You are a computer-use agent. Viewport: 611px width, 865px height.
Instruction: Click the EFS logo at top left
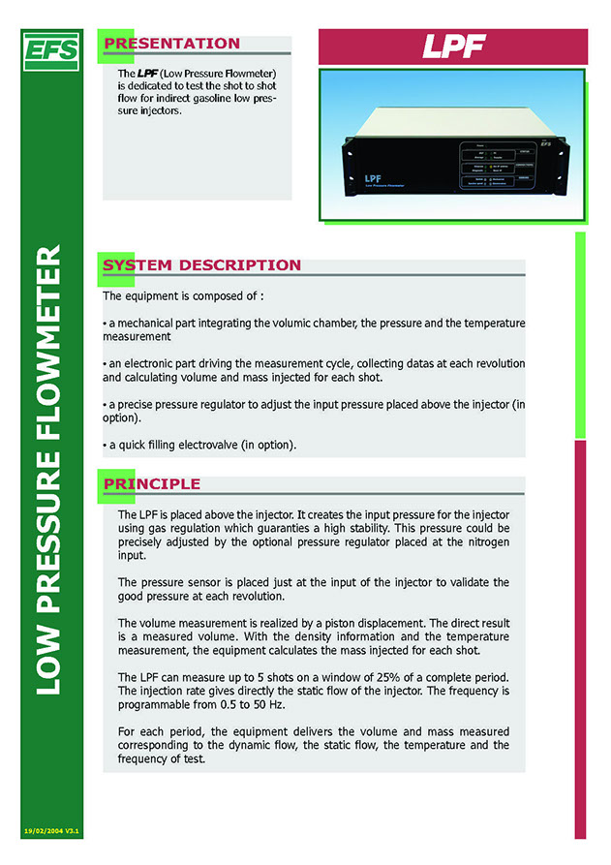(x=52, y=49)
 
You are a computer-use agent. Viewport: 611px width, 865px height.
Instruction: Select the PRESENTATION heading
(x=171, y=44)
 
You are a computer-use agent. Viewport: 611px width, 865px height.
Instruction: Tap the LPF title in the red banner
(x=452, y=46)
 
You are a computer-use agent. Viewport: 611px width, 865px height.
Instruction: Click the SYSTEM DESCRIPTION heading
(x=201, y=265)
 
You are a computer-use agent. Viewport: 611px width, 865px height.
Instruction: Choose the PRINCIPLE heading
(x=152, y=483)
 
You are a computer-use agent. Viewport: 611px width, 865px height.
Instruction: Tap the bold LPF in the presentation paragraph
(x=147, y=74)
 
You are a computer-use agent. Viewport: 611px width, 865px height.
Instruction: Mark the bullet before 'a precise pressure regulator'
(x=105, y=402)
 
